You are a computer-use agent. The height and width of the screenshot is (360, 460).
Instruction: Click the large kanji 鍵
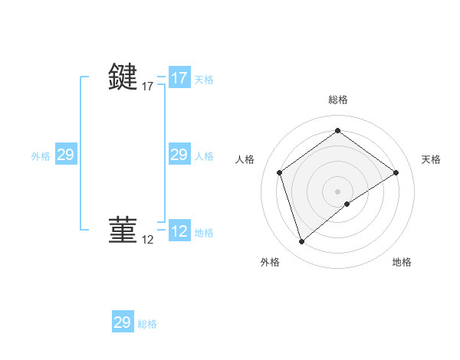point(123,77)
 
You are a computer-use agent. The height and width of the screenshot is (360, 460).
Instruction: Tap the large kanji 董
point(123,229)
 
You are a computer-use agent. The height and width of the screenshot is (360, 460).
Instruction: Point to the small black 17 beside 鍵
point(148,87)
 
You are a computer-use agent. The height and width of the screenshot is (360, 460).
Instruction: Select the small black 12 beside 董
point(148,240)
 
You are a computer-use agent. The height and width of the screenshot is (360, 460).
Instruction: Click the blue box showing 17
point(179,78)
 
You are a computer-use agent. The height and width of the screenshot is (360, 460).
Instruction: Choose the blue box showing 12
point(179,231)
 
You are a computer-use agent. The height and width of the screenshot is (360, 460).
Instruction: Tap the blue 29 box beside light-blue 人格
point(179,155)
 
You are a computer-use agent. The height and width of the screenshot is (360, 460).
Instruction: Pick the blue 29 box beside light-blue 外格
point(65,155)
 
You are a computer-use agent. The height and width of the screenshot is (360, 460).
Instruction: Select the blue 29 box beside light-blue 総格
point(123,322)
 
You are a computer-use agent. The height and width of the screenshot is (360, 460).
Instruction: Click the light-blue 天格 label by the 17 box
point(204,80)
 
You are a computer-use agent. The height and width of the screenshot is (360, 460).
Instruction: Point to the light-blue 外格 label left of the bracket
point(41,156)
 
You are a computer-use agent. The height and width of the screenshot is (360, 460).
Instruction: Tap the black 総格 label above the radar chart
point(337,100)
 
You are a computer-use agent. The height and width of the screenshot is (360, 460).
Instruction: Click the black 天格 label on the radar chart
point(431,159)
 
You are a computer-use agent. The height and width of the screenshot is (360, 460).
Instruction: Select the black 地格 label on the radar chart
point(402,262)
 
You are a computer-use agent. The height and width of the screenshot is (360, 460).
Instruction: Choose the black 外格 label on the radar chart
point(270,262)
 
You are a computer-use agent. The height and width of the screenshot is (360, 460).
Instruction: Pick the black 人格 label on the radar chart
point(245,159)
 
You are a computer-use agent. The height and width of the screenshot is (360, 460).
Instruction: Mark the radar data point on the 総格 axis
point(337,131)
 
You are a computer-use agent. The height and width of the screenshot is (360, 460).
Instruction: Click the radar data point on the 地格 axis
point(347,204)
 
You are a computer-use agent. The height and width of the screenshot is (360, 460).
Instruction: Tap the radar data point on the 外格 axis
point(301,242)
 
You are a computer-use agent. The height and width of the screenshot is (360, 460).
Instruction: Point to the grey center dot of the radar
point(337,191)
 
